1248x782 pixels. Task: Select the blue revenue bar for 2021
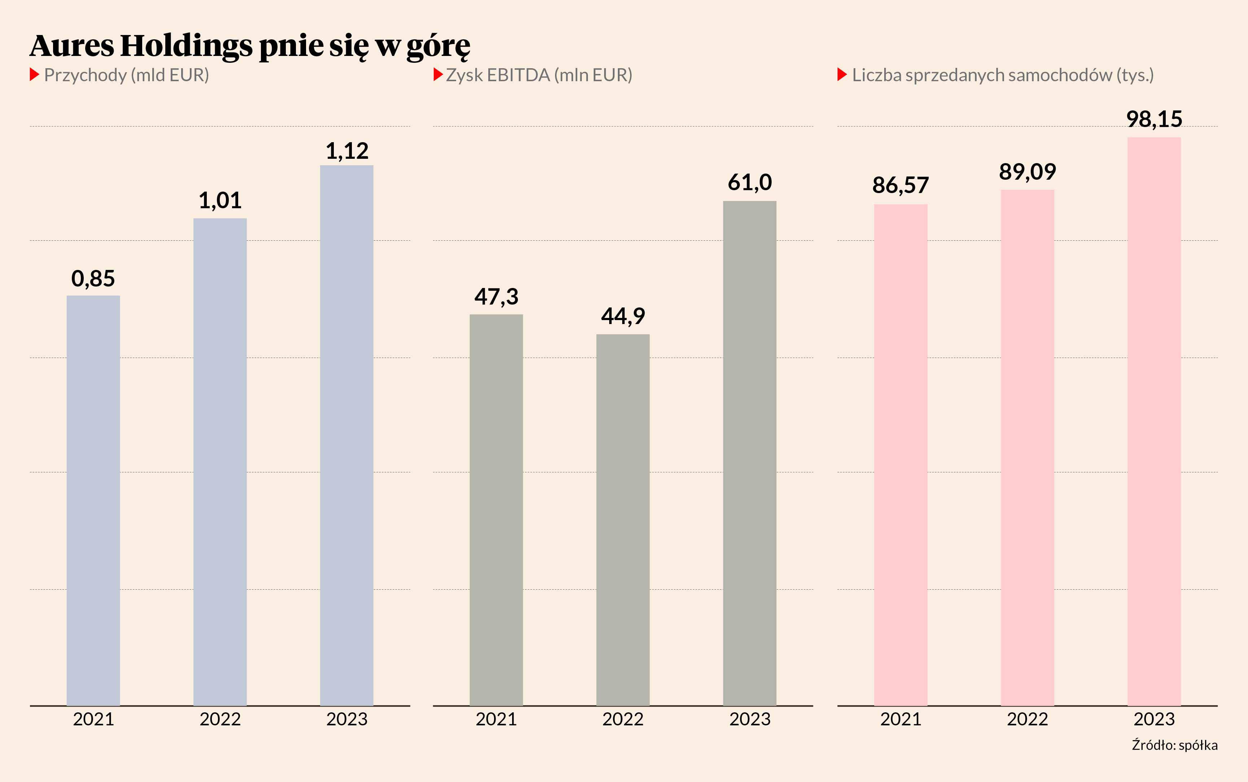point(93,500)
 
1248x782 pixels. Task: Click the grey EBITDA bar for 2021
point(496,510)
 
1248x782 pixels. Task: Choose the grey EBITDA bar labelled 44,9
point(623,519)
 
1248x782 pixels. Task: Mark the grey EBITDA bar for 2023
point(750,453)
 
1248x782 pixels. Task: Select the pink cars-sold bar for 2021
point(900,455)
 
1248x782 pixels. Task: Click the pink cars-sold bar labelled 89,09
point(1027,447)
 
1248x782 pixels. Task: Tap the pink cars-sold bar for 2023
point(1154,421)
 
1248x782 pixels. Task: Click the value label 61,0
point(750,183)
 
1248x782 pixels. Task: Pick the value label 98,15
point(1154,119)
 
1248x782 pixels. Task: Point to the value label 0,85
point(93,279)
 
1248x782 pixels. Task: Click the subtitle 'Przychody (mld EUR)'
point(126,75)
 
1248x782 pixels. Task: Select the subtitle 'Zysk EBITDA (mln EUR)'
point(539,75)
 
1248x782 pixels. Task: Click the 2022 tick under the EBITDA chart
point(623,720)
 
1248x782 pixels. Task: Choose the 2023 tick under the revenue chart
point(346,720)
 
